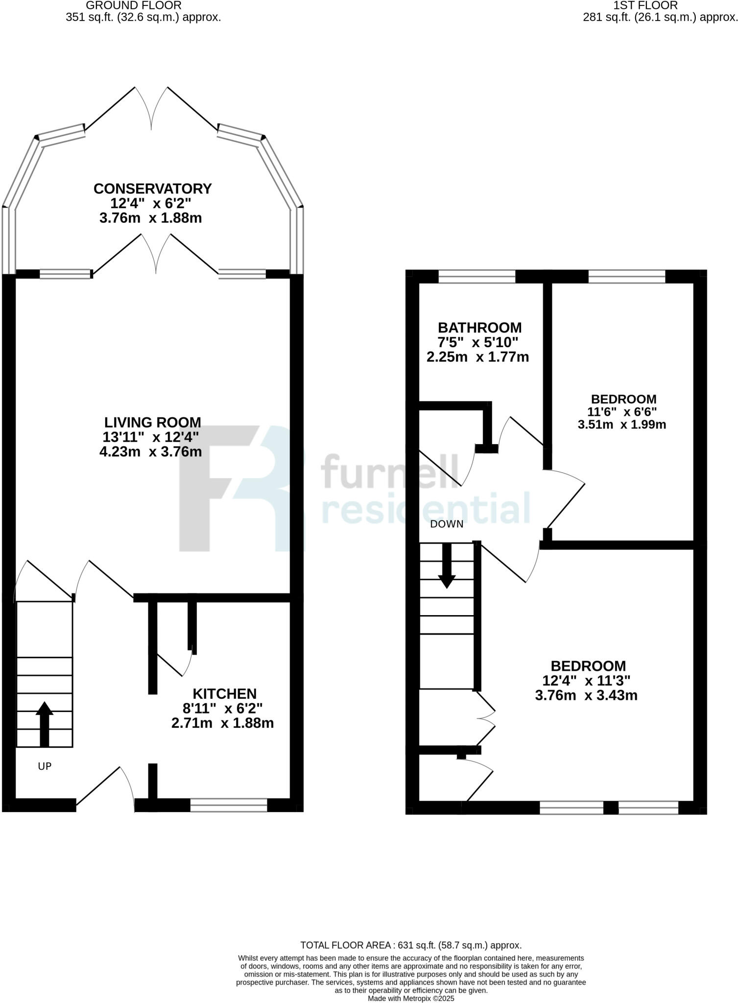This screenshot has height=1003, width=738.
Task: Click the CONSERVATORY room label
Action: point(152,189)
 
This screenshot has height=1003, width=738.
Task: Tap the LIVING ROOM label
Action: point(152,422)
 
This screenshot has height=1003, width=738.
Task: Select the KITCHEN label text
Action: point(224,693)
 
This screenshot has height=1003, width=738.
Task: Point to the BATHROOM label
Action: point(479,327)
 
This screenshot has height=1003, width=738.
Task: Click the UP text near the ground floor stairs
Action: point(45,766)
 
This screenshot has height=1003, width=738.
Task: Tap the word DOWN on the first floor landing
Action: point(447,524)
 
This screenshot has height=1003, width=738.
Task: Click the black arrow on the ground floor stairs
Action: point(45,724)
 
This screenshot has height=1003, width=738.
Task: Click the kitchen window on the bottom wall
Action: point(229,805)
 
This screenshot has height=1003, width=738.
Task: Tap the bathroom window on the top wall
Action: point(477,277)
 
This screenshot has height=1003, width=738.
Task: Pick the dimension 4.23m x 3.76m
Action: point(150,452)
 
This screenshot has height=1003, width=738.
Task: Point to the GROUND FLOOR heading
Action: point(134,5)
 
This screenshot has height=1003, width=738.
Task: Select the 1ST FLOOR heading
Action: point(645,5)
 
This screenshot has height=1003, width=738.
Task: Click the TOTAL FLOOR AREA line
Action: point(411,945)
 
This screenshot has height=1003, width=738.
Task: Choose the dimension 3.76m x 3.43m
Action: point(586,695)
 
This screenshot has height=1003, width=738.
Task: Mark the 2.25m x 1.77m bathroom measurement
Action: point(477,357)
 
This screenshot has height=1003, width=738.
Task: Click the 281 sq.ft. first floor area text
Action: point(660,18)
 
